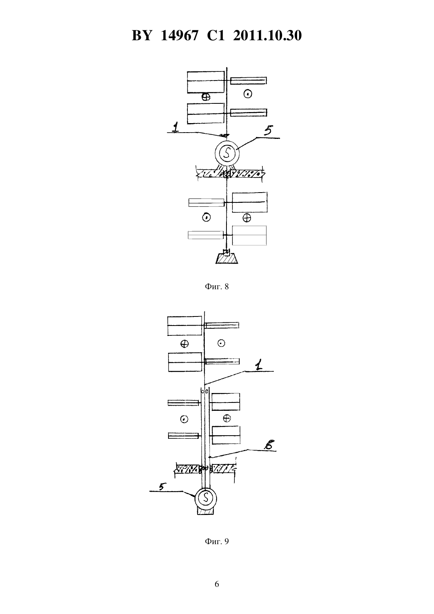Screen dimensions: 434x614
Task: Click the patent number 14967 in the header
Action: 179,36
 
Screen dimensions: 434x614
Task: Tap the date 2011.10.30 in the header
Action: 268,36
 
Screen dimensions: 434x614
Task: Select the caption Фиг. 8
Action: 217,286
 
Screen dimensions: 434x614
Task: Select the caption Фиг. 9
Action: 217,541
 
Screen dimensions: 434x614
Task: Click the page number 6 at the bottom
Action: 217,584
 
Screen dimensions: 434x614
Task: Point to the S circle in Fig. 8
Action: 227,153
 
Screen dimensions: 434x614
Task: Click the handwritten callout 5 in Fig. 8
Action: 268,131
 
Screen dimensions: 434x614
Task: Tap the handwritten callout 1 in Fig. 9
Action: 258,365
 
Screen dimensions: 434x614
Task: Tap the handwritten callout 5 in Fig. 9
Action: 163,487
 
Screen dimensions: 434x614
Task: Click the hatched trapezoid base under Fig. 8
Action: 226,258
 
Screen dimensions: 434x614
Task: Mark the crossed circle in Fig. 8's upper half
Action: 206,97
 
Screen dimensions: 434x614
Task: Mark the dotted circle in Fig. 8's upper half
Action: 248,94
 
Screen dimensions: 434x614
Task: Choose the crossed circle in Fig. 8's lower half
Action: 247,218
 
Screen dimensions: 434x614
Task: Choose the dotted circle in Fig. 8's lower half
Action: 206,218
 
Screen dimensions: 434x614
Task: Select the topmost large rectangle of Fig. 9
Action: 184,326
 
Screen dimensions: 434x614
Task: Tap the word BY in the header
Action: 142,36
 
